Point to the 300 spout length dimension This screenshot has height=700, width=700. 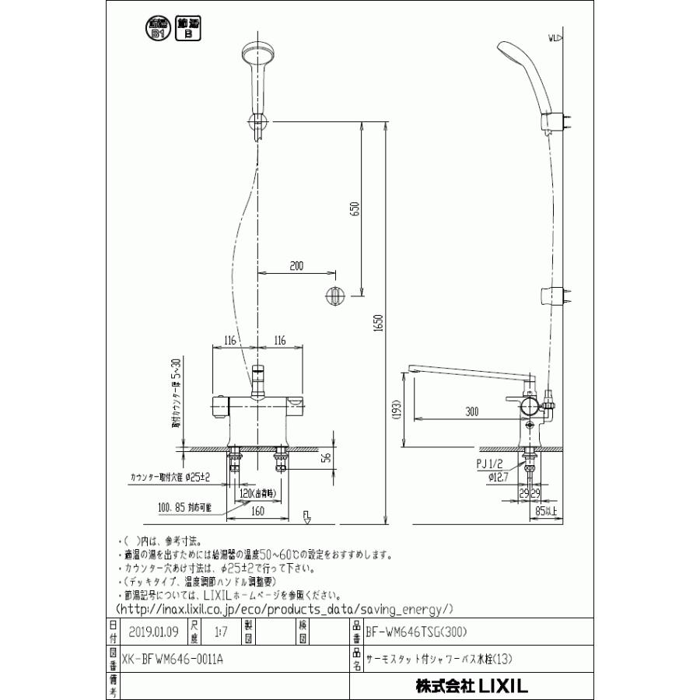pyautogui.click(x=471, y=412)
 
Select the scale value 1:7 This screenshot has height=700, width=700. pyautogui.click(x=221, y=632)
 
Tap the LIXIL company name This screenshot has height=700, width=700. pyautogui.click(x=471, y=686)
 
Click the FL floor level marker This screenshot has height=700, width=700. pyautogui.click(x=306, y=516)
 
